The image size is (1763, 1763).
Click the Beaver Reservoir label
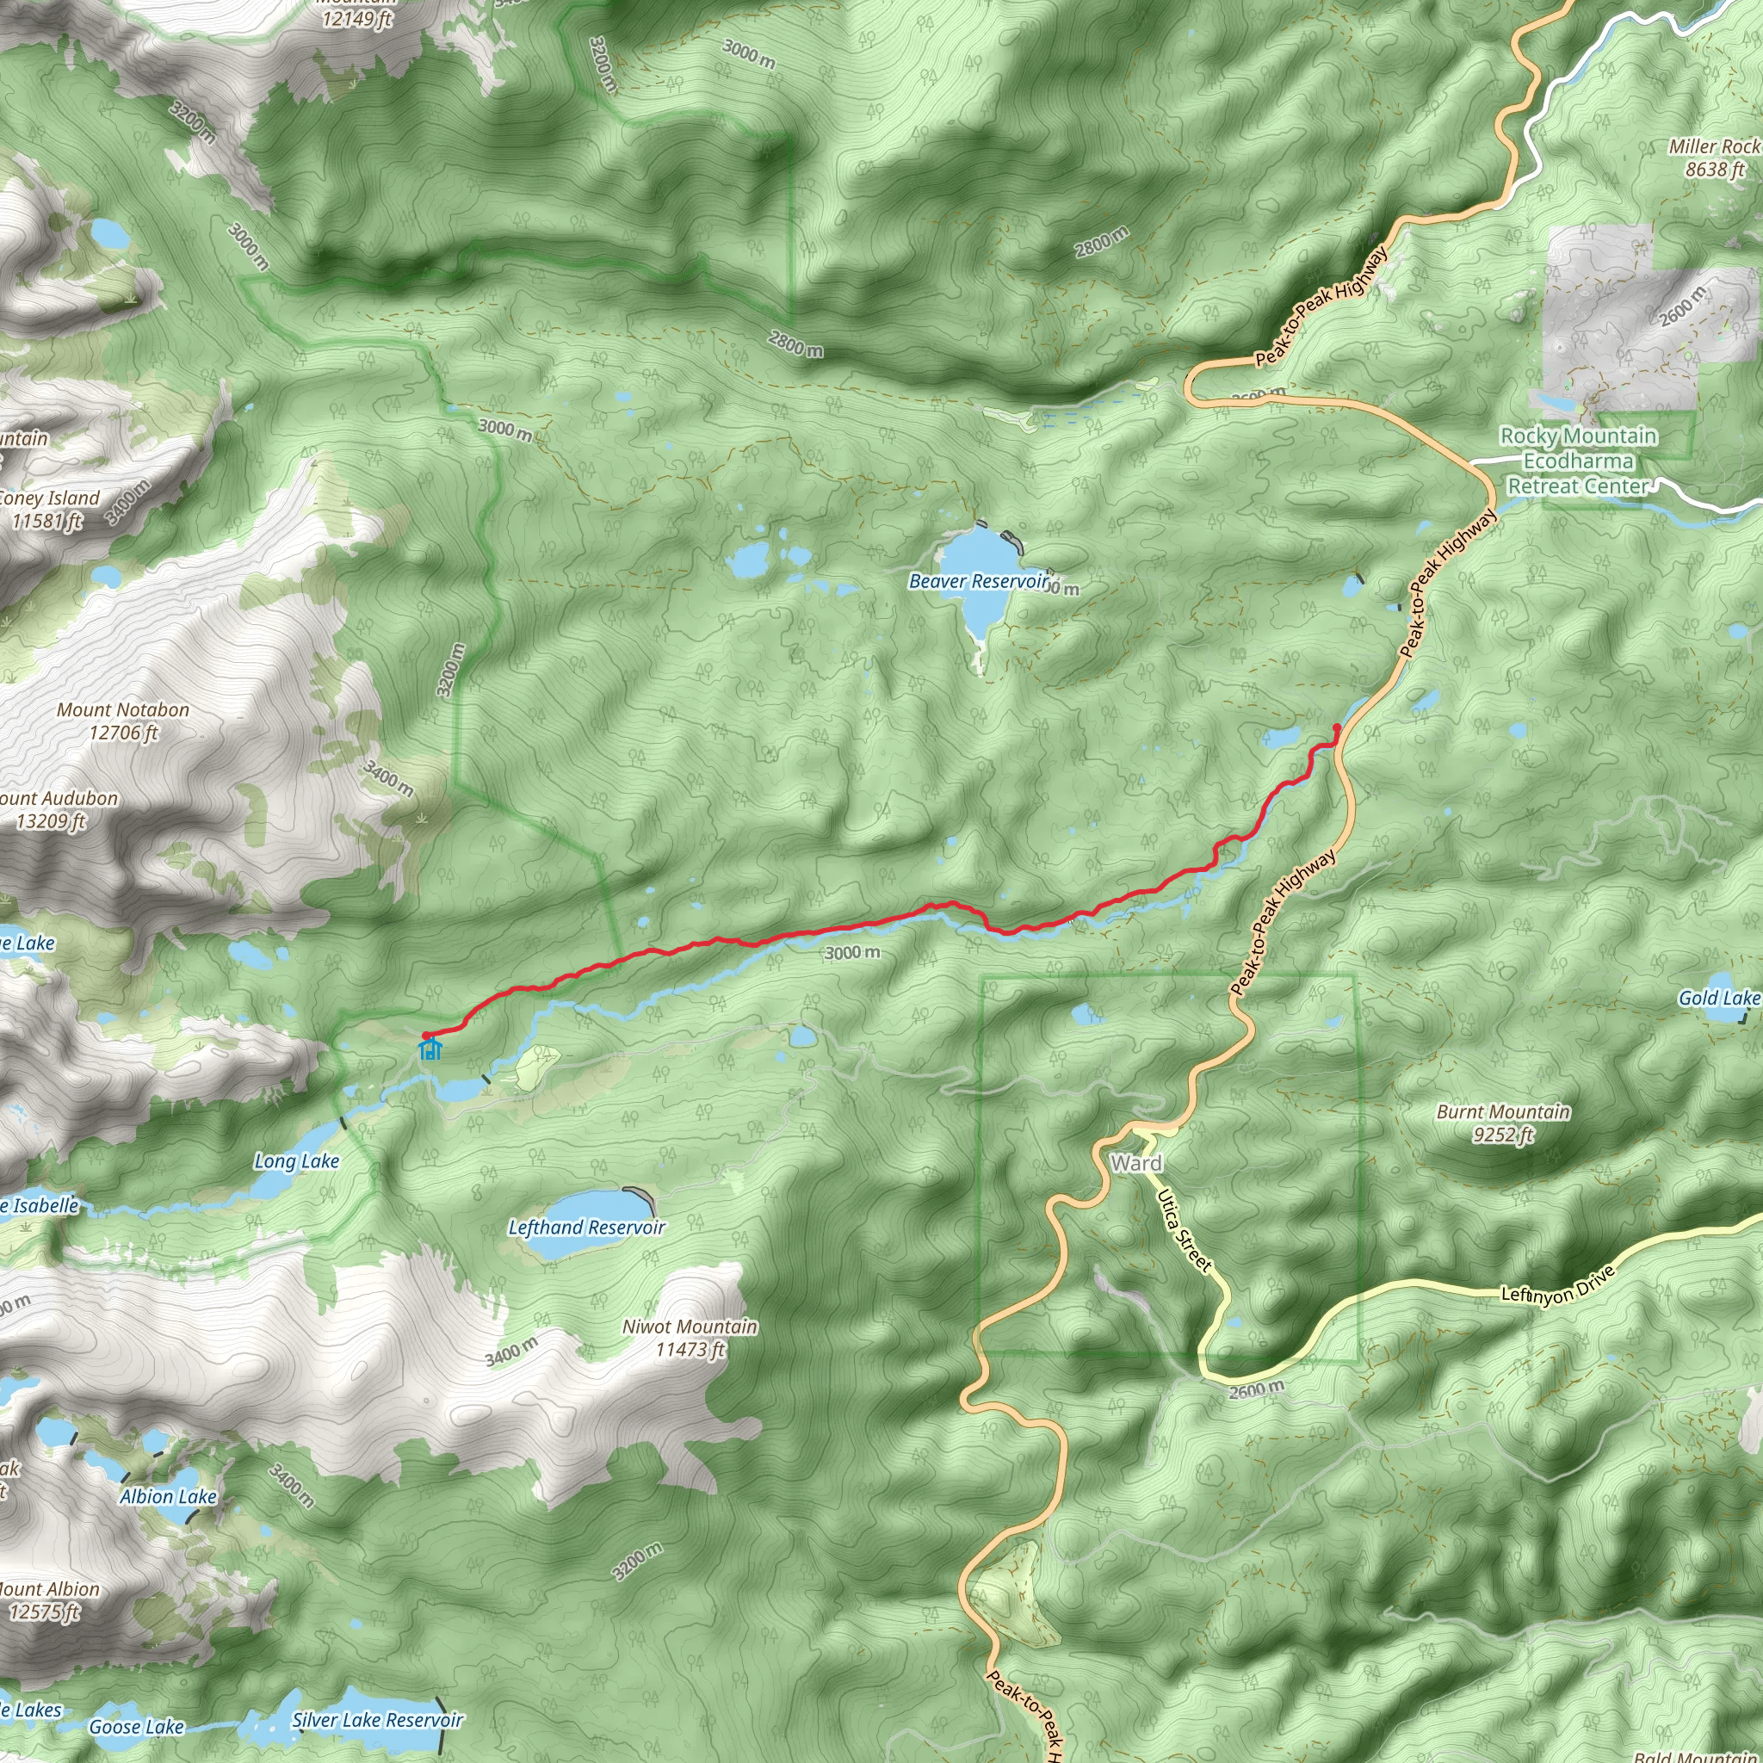pyautogui.click(x=978, y=581)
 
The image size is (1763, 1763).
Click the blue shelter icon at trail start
pyautogui.click(x=430, y=1049)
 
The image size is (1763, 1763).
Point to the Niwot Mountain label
pyautogui.click(x=690, y=1338)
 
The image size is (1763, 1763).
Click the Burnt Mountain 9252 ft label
pyautogui.click(x=1503, y=1123)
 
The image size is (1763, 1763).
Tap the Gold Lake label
pyautogui.click(x=1719, y=998)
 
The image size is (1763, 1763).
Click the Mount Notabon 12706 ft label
pyautogui.click(x=123, y=721)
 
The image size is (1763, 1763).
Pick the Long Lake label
pyautogui.click(x=297, y=1160)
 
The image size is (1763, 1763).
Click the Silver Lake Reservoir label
pyautogui.click(x=378, y=1720)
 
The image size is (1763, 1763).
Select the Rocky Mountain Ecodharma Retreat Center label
pyautogui.click(x=1579, y=461)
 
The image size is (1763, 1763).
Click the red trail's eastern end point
pyautogui.click(x=1337, y=727)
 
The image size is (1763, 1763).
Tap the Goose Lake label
pyautogui.click(x=137, y=1727)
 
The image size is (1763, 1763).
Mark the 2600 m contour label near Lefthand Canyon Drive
pyautogui.click(x=1256, y=1391)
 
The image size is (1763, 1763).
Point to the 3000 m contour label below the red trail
pyautogui.click(x=852, y=954)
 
